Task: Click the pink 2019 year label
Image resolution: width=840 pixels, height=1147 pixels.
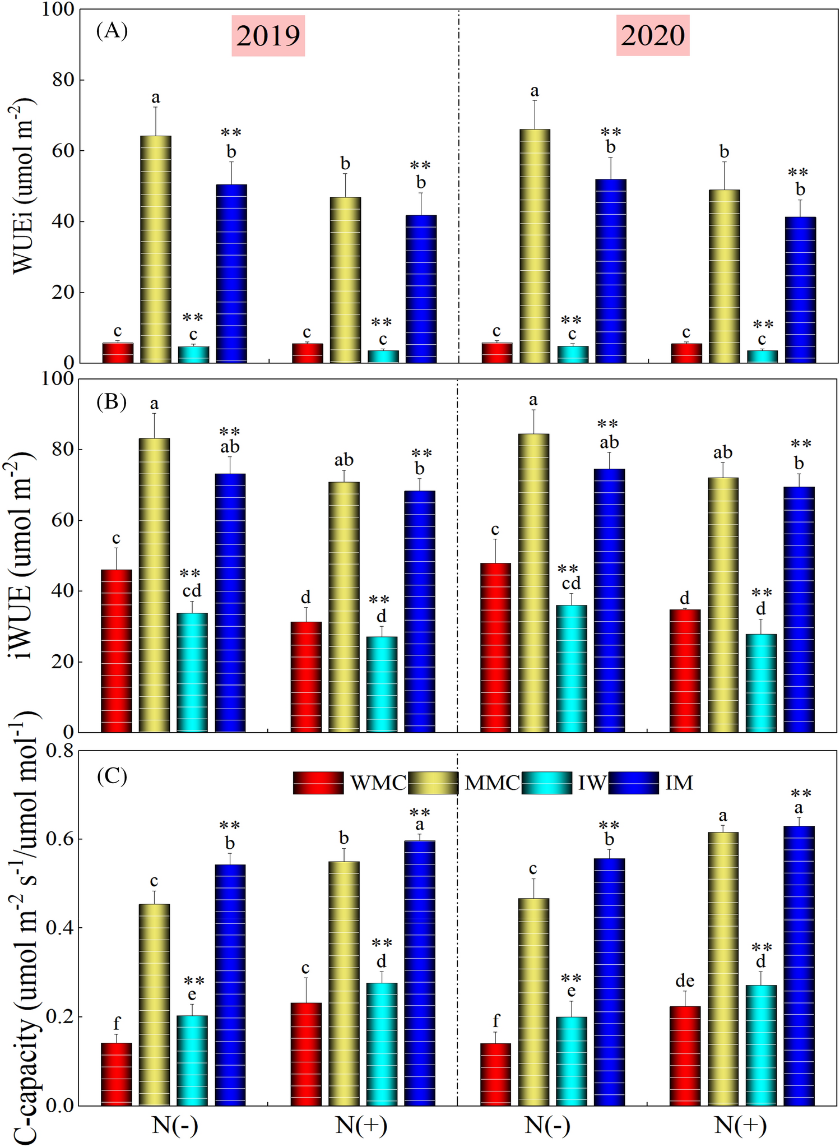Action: click(268, 36)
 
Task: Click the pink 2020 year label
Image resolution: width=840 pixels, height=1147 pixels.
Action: click(652, 36)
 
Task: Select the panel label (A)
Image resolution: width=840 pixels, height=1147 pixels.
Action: click(112, 30)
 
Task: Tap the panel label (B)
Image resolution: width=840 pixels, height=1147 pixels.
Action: click(112, 402)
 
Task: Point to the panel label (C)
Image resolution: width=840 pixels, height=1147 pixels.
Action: click(112, 776)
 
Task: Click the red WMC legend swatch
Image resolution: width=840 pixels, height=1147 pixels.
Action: click(318, 783)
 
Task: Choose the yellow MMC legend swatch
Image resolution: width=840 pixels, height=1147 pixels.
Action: click(433, 783)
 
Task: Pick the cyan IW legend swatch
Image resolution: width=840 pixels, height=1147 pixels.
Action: click(547, 783)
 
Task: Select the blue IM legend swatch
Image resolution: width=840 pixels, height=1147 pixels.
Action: click(633, 783)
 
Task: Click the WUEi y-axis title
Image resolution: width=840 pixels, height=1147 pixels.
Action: click(24, 185)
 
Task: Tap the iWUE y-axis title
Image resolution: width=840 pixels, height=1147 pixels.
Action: click(24, 561)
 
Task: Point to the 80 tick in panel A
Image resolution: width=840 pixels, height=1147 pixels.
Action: click(62, 80)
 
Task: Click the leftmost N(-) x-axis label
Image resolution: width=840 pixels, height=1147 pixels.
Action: click(175, 1125)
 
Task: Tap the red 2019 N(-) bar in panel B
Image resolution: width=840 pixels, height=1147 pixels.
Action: click(117, 650)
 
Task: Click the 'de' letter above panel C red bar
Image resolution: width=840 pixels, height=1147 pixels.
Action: click(685, 981)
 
